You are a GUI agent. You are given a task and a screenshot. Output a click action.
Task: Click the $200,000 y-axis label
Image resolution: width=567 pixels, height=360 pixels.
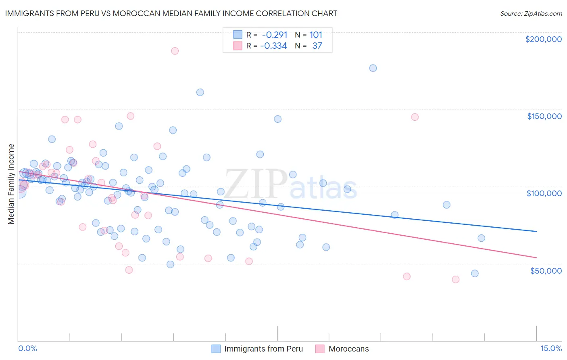[543, 39]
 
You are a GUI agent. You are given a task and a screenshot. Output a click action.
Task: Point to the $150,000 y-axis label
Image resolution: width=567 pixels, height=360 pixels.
[544, 116]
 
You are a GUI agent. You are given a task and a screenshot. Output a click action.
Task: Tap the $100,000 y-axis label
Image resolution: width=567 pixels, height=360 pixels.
[544, 193]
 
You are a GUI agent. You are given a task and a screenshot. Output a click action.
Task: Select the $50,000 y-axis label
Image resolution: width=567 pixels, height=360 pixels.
[546, 270]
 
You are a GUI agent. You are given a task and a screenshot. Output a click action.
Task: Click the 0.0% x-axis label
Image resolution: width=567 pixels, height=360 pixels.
[27, 348]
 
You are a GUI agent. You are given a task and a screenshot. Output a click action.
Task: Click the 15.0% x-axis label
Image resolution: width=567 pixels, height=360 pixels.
[551, 348]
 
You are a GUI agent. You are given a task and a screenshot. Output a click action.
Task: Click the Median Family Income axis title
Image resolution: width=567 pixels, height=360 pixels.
[11, 184]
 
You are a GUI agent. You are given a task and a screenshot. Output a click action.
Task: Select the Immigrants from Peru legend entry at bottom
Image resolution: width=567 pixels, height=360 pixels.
[263, 349]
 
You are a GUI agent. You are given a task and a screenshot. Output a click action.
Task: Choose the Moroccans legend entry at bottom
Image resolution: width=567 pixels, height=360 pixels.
[348, 349]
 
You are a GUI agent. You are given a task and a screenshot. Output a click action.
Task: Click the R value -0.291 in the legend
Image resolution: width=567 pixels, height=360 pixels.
[274, 35]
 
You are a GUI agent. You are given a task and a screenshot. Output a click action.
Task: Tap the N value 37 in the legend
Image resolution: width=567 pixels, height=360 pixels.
[317, 46]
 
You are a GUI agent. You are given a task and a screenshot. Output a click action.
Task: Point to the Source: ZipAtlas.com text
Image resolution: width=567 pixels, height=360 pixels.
[531, 13]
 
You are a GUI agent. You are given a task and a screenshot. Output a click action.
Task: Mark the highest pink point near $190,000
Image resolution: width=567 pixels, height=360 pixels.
[175, 51]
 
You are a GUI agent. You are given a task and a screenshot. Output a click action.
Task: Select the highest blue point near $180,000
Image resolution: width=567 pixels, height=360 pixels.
[373, 68]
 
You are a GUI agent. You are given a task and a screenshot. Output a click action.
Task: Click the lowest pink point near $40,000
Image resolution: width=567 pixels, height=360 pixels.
[456, 279]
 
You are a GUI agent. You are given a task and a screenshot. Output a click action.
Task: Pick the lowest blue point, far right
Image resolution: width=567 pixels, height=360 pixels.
[475, 274]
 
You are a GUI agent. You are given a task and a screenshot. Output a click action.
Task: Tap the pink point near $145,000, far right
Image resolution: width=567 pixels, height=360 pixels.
[415, 117]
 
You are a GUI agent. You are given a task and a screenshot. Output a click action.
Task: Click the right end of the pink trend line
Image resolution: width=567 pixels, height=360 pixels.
[537, 257]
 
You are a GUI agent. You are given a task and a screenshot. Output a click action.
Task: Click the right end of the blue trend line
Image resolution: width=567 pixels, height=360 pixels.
[537, 231]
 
